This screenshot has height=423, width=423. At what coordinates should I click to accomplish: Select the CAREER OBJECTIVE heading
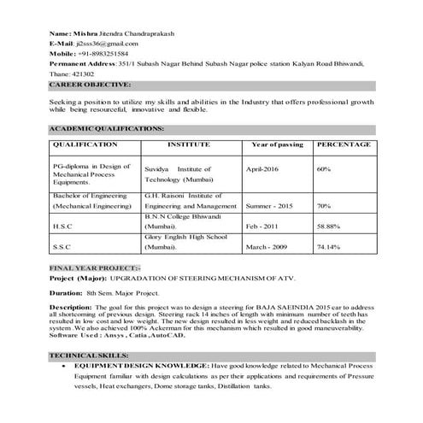tap(90, 85)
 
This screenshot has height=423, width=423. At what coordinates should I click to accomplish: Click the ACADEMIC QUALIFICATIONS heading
tap(106, 127)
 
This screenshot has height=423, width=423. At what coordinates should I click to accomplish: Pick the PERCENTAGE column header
tap(344, 145)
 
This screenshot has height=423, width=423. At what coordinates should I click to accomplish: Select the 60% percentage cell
tap(323, 170)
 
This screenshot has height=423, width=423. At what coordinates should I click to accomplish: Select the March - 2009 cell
tap(269, 247)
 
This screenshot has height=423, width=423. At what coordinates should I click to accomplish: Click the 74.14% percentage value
tap(328, 247)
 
